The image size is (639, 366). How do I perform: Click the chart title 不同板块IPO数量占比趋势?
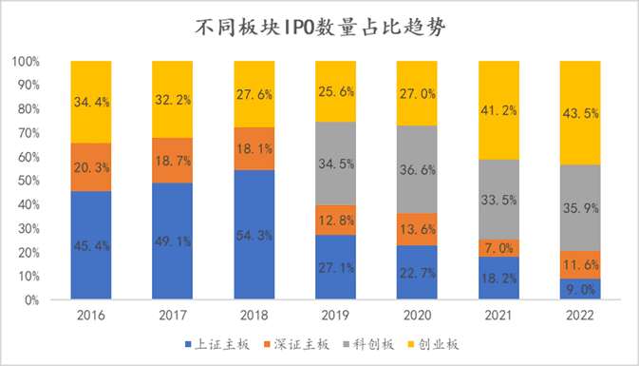320,28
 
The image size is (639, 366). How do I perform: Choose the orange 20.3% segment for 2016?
90,167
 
